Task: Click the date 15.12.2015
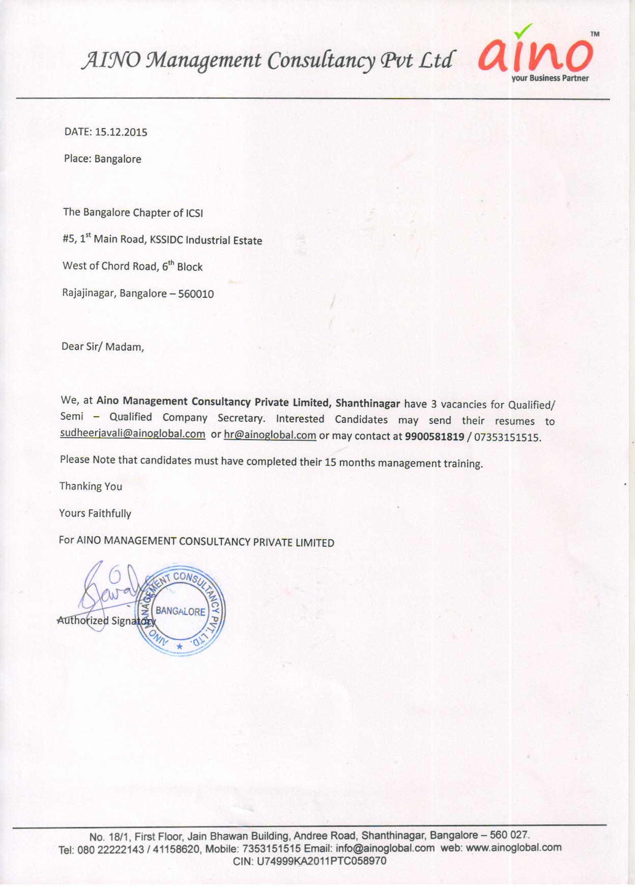coord(121,132)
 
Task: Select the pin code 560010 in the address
coord(196,294)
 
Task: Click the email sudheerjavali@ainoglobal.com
coord(133,434)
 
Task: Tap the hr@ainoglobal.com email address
coord(270,435)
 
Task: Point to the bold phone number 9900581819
coord(435,436)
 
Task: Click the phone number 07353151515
coord(507,437)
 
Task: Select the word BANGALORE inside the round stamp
coord(181,611)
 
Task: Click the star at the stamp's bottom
coord(179,647)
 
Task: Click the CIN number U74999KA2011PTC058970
coord(322,861)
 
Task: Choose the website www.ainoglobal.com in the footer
coord(513,847)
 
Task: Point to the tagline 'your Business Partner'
coord(550,78)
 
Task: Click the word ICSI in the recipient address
coord(194,213)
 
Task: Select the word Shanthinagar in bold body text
coord(367,403)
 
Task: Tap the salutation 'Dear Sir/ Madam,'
coord(103,347)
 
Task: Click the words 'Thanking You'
coord(91,486)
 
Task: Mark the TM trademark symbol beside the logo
coord(595,34)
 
